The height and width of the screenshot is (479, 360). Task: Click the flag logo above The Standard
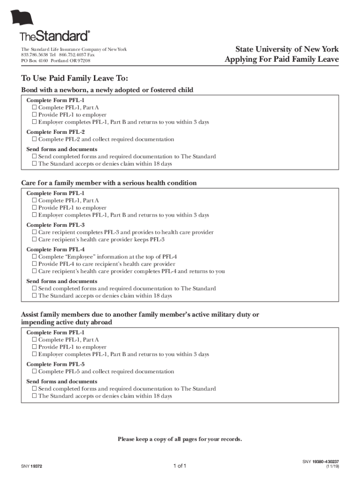23,18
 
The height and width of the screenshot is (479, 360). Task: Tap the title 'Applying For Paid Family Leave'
281,59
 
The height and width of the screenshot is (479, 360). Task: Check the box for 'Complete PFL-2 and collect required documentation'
34,139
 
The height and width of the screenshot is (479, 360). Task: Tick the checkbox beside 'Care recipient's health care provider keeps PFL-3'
34,239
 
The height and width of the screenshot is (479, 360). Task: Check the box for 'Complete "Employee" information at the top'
34,257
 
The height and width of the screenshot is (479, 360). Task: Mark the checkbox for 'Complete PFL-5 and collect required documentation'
34,372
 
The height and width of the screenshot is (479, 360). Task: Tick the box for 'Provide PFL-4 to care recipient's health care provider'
34,264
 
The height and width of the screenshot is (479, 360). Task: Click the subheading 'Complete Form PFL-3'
56,225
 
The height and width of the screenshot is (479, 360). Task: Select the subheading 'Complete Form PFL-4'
56,249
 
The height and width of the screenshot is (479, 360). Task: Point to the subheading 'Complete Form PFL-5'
56,364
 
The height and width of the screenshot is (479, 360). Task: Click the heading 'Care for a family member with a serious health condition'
109,183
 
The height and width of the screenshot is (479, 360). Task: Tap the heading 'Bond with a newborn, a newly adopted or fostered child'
107,90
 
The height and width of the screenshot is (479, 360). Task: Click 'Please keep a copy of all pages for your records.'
180,439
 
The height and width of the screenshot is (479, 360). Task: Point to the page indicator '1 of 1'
180,466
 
